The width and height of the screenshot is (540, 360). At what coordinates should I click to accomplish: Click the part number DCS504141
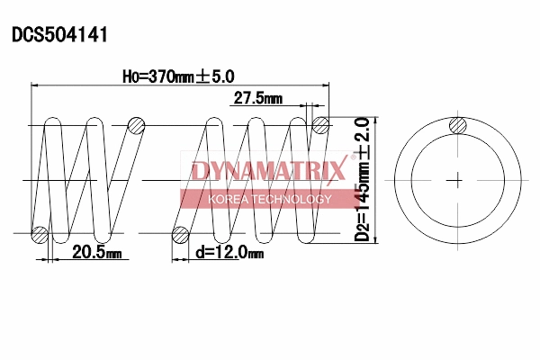click(59, 35)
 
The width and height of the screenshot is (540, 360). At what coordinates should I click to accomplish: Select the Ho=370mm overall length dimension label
click(171, 76)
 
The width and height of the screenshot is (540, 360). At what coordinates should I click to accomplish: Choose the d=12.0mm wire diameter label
click(229, 255)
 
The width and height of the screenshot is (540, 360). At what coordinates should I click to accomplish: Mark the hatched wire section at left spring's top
click(135, 125)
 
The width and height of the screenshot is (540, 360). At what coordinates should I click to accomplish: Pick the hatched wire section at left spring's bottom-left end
click(39, 235)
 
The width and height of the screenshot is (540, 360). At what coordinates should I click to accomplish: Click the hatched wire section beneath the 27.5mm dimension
click(319, 125)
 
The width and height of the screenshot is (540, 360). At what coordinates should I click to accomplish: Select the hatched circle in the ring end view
click(458, 126)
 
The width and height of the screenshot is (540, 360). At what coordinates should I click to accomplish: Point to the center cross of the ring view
click(458, 179)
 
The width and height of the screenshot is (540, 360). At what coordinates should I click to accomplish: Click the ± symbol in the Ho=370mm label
click(206, 76)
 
